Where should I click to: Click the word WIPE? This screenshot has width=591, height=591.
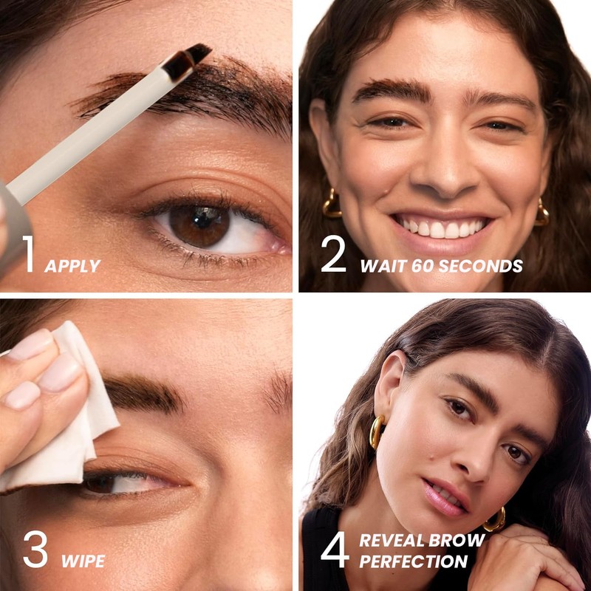click(82, 561)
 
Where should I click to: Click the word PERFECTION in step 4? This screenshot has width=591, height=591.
click(414, 561)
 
